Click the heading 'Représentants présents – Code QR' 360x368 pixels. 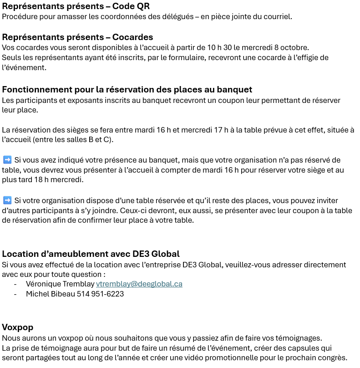pyautogui.click(x=76, y=6)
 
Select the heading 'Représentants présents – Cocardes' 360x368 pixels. pyautogui.click(x=77, y=37)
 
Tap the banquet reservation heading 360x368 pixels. pyautogui.click(x=127, y=89)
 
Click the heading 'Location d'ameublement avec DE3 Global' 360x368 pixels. pyautogui.click(x=91, y=254)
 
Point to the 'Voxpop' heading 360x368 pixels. pyautogui.click(x=17, y=327)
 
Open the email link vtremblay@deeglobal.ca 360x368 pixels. pyautogui.click(x=139, y=284)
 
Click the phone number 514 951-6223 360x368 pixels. pyautogui.click(x=101, y=294)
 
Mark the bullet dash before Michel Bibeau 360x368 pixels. pyautogui.click(x=16, y=294)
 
